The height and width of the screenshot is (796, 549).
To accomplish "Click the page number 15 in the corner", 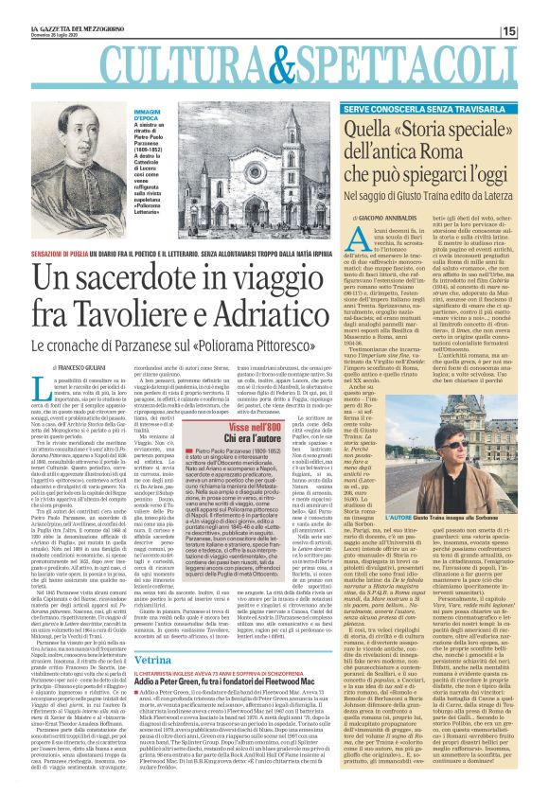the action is click(x=535, y=31).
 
